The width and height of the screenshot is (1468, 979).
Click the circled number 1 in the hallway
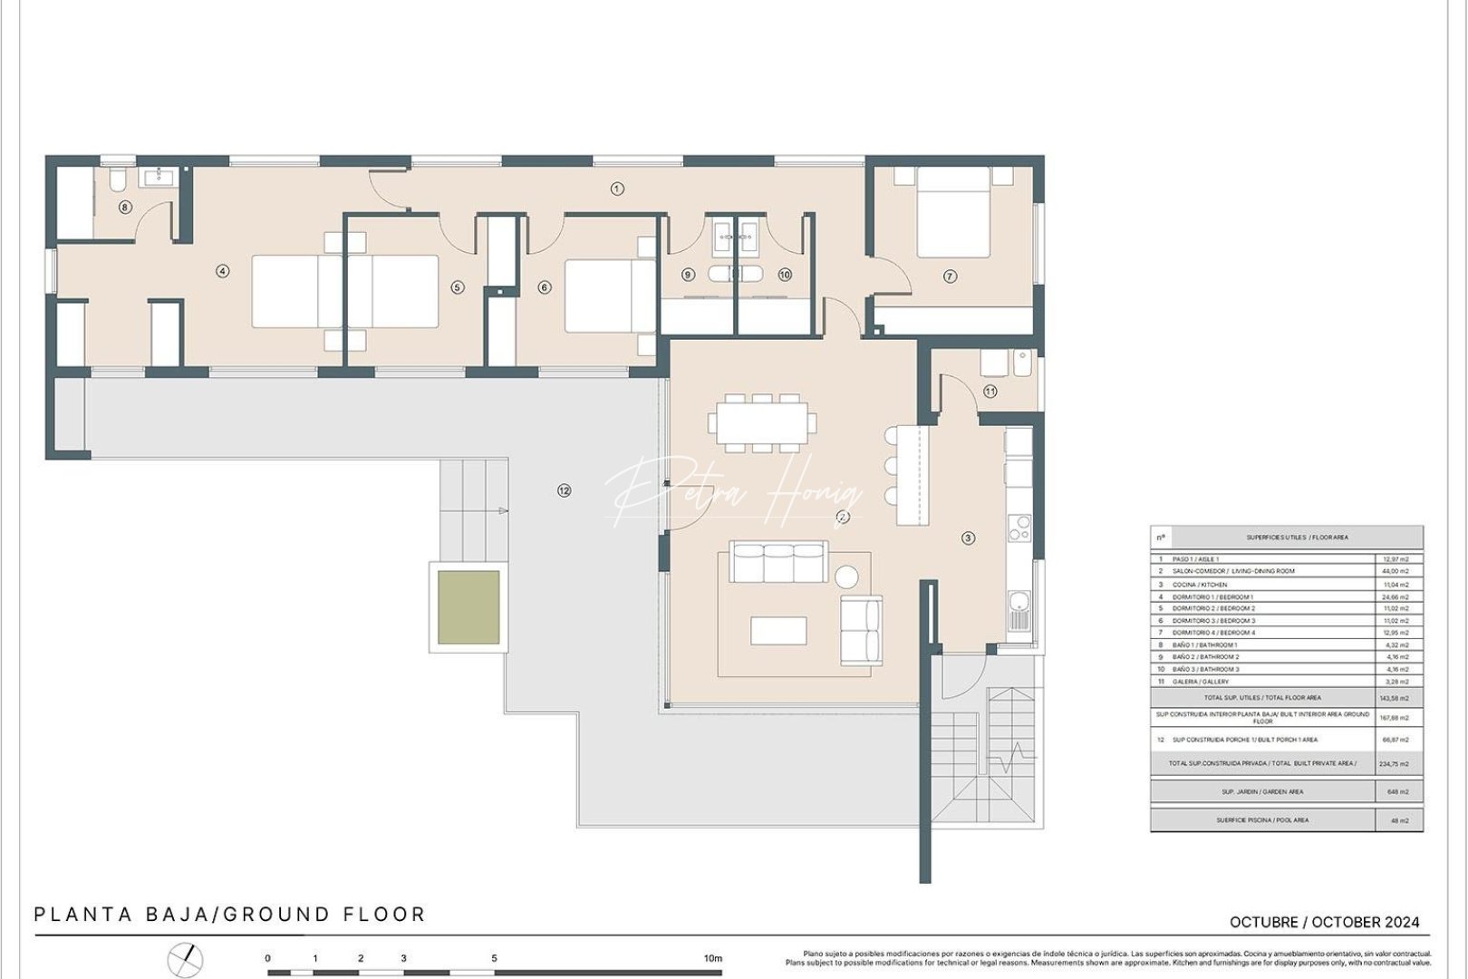(617, 189)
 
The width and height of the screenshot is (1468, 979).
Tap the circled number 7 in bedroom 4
(950, 276)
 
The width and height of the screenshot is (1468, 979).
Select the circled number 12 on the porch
(565, 490)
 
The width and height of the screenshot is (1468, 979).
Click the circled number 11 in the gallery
(990, 392)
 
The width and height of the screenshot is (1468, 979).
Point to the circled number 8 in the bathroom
(125, 208)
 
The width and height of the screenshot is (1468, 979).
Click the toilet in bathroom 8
(117, 181)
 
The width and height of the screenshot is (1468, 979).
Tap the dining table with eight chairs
(762, 422)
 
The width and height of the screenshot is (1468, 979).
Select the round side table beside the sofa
(846, 577)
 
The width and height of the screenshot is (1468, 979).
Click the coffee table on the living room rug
(778, 630)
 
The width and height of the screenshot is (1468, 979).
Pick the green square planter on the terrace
(468, 607)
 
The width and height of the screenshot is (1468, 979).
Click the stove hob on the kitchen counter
(1019, 528)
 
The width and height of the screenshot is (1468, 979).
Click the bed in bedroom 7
(952, 213)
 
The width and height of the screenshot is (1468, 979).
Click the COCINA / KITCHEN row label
(1200, 585)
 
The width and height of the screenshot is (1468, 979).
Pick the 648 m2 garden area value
(1397, 791)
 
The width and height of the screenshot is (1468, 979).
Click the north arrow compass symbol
(186, 959)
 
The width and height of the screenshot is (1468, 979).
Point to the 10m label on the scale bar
(713, 958)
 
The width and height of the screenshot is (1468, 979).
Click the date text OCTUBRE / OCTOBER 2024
(1324, 922)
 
